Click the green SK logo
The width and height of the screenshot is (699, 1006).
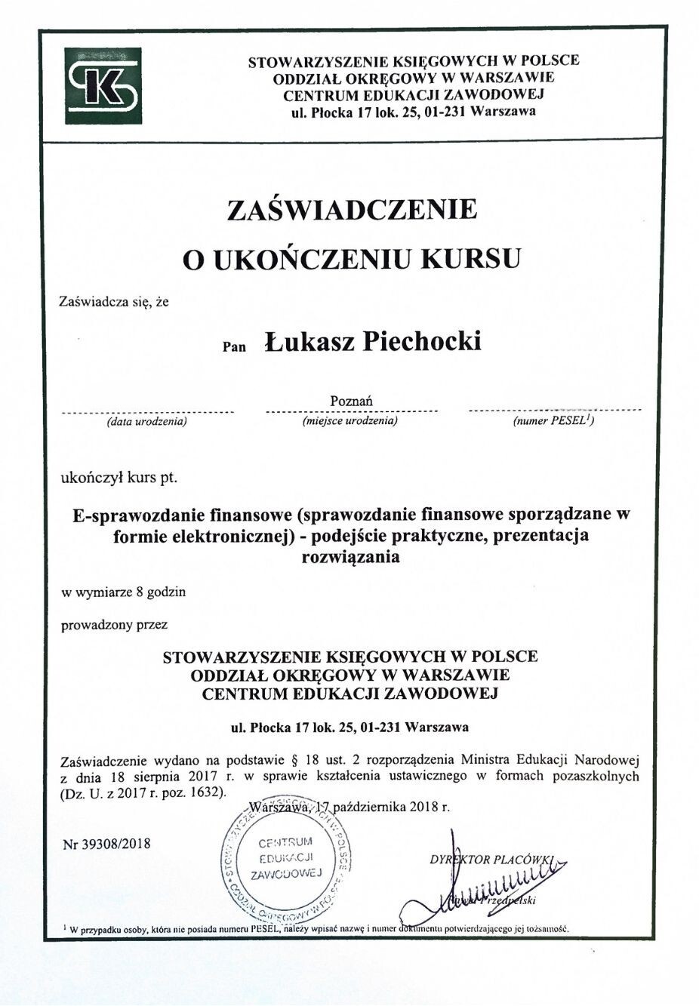[x=103, y=86]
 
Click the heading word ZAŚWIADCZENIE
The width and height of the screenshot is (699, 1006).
[x=353, y=209]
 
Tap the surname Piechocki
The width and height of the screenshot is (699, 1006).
[x=423, y=342]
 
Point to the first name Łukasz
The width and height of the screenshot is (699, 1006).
[x=309, y=342]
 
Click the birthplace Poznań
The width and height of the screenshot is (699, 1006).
[x=352, y=400]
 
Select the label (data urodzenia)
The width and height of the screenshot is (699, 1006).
[x=146, y=421]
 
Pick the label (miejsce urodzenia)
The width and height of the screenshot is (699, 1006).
[x=349, y=420]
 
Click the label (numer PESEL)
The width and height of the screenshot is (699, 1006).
[x=553, y=420]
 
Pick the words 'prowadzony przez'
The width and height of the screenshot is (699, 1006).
[x=115, y=625]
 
